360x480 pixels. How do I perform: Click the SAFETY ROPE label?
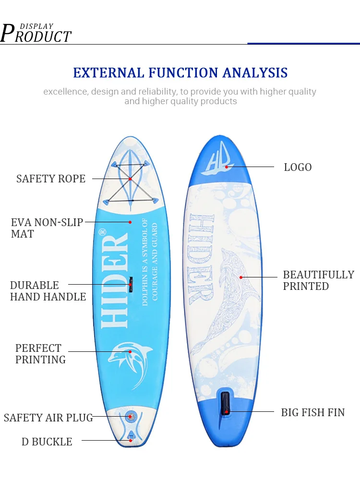(x=51, y=179)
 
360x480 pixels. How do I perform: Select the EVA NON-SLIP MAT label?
(x=47, y=228)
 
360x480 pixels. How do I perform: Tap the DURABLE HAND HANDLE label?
(x=48, y=291)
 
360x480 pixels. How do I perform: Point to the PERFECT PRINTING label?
(x=40, y=354)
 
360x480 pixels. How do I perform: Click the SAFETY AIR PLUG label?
(x=48, y=418)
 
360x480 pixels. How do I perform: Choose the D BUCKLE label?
(x=47, y=442)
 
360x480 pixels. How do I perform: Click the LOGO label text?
(x=298, y=167)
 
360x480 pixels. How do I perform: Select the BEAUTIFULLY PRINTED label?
(x=318, y=280)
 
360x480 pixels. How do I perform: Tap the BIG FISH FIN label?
(x=313, y=412)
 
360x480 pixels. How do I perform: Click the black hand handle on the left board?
(x=131, y=285)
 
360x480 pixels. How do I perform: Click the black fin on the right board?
(x=225, y=404)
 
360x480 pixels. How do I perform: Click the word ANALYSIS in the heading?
(x=255, y=73)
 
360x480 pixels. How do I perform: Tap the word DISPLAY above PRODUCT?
(x=37, y=26)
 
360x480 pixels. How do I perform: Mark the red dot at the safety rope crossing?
(x=130, y=179)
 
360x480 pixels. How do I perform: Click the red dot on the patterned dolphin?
(x=241, y=277)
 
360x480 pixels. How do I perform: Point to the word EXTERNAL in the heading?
(x=108, y=73)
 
